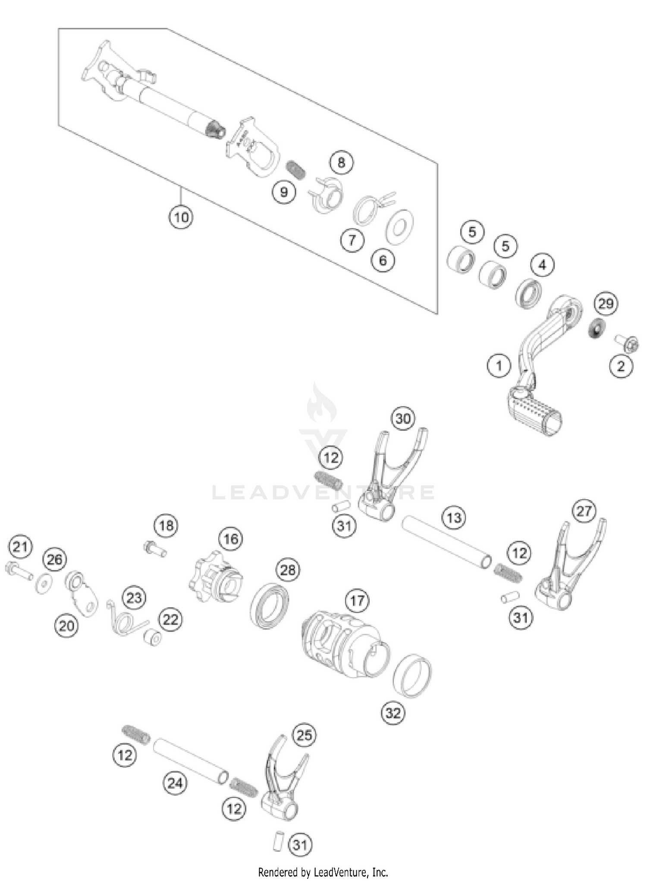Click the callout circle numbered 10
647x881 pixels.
(181, 217)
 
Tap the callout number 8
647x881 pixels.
(341, 162)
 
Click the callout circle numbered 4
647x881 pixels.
(542, 265)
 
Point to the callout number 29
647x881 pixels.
(606, 304)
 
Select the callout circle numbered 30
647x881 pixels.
(403, 419)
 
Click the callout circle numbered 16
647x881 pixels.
(231, 539)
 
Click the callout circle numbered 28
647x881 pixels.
(288, 570)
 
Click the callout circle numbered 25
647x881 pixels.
(304, 735)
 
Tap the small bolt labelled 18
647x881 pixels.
(154, 549)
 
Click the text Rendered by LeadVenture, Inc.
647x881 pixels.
(323, 872)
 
